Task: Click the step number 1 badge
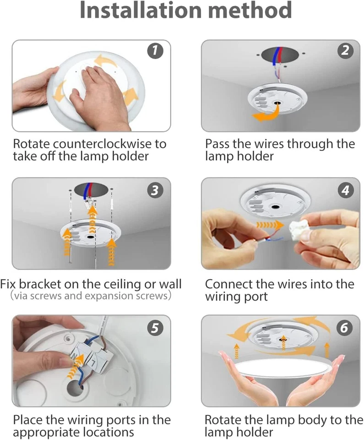pyautogui.click(x=155, y=50)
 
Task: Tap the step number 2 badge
pyautogui.click(x=345, y=50)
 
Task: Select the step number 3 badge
pyautogui.click(x=155, y=190)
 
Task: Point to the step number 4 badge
pyautogui.click(x=345, y=190)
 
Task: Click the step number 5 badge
pyautogui.click(x=155, y=328)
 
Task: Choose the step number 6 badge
pyautogui.click(x=344, y=328)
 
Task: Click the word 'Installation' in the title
pyautogui.click(x=141, y=10)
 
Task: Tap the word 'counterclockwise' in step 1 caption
pyautogui.click(x=102, y=144)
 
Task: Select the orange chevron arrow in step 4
pyautogui.click(x=270, y=225)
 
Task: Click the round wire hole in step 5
pyautogui.click(x=76, y=388)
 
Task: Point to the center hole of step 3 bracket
pyautogui.click(x=90, y=237)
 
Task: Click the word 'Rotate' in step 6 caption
pyautogui.click(x=223, y=420)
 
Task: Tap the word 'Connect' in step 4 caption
pyautogui.click(x=228, y=284)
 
